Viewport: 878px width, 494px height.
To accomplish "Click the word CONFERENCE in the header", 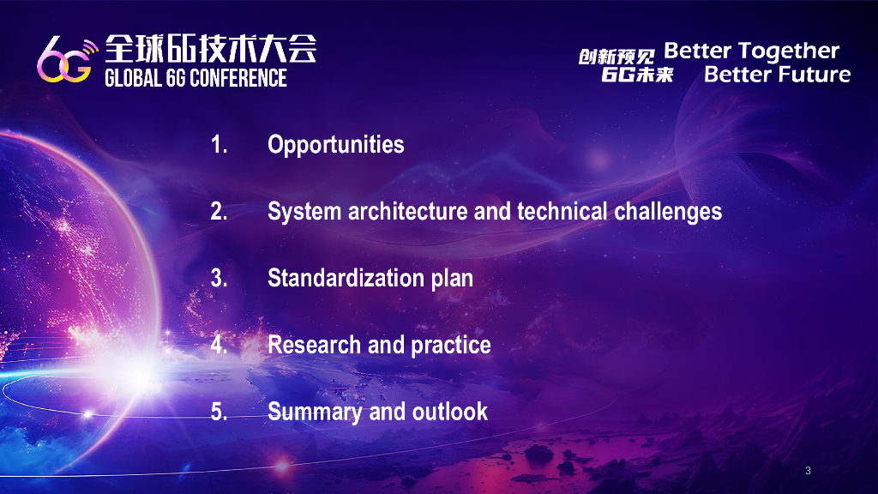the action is point(238,78).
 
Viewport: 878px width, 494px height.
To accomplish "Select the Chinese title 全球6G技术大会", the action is point(211,48).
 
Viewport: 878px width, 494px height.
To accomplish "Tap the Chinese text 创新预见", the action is point(616,57).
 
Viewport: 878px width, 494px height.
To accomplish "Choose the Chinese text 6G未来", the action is point(637,75).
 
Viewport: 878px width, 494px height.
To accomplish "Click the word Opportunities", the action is point(336,145).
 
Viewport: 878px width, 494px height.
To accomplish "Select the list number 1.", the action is point(219,144).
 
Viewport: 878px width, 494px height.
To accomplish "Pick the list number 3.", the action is point(219,279).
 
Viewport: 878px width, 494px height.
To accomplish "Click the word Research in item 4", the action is point(314,345).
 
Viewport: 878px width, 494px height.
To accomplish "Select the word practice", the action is point(451,346).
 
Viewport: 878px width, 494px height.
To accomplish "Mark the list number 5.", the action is point(219,413).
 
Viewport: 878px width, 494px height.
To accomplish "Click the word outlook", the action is point(450,412).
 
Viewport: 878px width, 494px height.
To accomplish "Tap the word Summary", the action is point(315,413).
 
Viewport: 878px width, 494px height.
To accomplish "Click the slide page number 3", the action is point(808,471).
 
